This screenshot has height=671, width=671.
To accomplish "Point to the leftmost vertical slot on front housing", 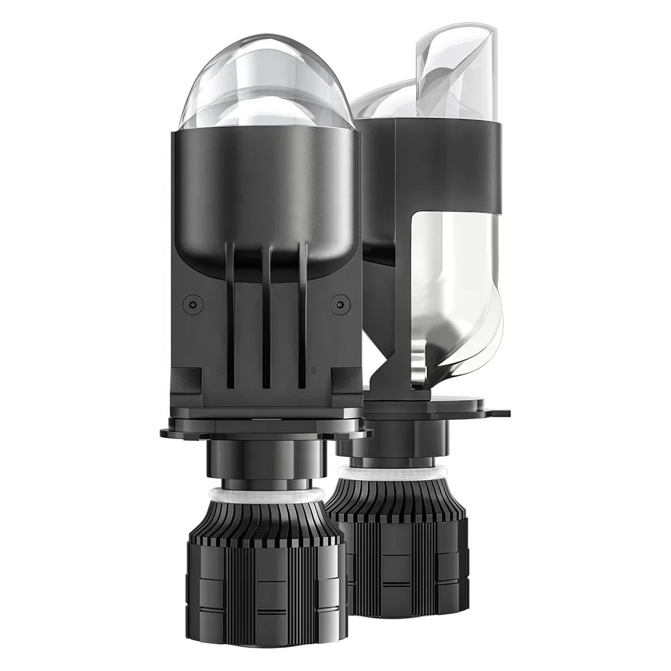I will pyautogui.click(x=230, y=315).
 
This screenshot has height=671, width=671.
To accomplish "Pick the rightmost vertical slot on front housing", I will pyautogui.click(x=303, y=315).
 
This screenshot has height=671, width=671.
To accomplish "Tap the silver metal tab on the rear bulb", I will pyautogui.click(x=419, y=366).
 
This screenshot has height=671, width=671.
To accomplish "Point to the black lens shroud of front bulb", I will pyautogui.click(x=265, y=195).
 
